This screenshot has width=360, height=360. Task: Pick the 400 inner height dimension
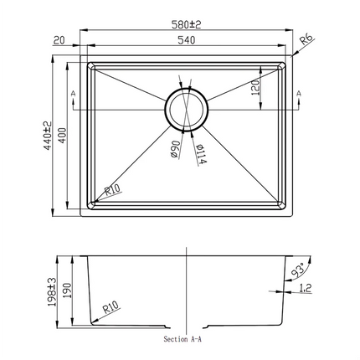click(x=61, y=136)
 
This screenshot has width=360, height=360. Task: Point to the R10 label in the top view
click(x=113, y=189)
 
